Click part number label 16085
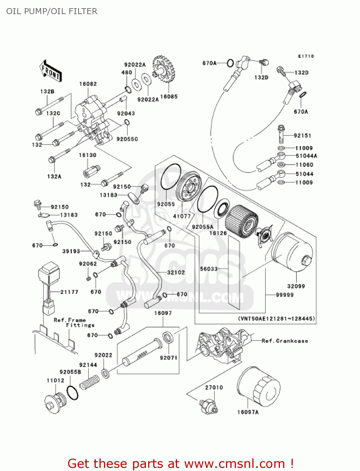[x=169, y=97]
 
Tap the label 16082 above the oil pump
[x=88, y=84]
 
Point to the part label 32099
[x=296, y=286]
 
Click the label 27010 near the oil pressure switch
[x=214, y=387]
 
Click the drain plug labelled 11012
[x=55, y=403]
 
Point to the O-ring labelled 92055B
[x=73, y=393]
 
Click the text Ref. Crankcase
[x=285, y=341]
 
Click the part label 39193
[x=71, y=251]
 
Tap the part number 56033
[x=209, y=269]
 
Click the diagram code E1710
[x=306, y=56]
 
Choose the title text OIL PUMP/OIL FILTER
[x=52, y=11]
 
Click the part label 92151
[x=302, y=136]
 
